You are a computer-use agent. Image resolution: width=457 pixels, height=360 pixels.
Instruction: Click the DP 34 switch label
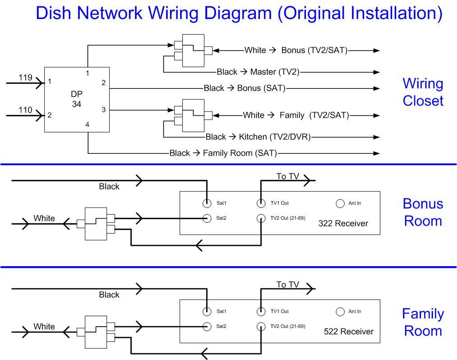click(x=77, y=99)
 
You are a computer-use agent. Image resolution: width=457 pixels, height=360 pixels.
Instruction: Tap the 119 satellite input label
click(x=25, y=78)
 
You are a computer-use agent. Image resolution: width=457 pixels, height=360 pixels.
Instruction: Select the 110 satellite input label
click(x=25, y=110)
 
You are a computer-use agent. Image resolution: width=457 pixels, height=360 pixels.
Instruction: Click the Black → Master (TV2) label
click(x=258, y=72)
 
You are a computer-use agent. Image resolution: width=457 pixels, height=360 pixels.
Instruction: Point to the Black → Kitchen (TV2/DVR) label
click(x=258, y=137)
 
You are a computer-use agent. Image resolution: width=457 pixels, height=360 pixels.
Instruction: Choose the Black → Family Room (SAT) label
click(x=223, y=153)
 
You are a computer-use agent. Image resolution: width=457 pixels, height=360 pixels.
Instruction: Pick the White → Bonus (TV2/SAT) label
click(x=296, y=51)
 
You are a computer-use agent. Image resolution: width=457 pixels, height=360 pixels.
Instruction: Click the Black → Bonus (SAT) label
click(x=245, y=88)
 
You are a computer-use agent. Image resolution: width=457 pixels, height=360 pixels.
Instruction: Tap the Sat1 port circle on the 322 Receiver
click(x=207, y=203)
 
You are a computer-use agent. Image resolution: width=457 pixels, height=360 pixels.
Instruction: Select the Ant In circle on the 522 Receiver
click(x=340, y=312)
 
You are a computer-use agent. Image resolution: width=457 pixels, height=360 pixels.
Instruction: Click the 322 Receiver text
click(x=343, y=224)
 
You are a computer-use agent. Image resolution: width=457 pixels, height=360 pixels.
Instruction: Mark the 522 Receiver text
click(x=349, y=332)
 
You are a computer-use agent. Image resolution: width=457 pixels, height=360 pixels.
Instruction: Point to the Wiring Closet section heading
click(x=423, y=92)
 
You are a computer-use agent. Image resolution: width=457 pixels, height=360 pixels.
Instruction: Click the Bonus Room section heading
click(x=423, y=212)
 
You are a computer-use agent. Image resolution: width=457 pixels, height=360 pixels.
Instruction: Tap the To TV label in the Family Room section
click(x=288, y=285)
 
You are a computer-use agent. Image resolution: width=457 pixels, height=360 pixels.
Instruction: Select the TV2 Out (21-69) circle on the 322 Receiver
click(x=261, y=218)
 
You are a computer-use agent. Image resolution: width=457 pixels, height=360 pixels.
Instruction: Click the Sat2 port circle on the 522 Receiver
click(x=207, y=327)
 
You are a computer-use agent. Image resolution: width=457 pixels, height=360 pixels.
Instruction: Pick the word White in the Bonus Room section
click(x=44, y=218)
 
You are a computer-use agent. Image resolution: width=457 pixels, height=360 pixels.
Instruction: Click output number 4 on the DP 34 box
click(x=88, y=125)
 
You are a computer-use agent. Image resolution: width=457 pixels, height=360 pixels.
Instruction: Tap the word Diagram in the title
click(x=238, y=13)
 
